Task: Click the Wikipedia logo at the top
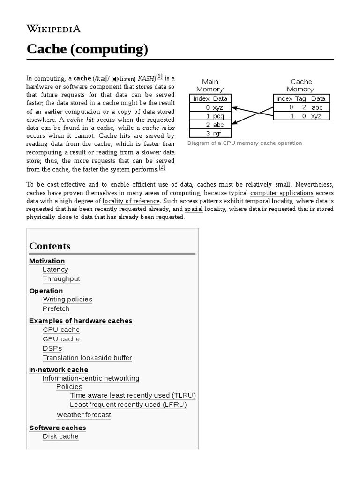click(x=54, y=29)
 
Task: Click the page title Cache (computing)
click(x=87, y=49)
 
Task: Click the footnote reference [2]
click(x=162, y=167)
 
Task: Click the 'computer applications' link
click(x=282, y=193)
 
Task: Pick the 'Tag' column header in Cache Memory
click(x=300, y=98)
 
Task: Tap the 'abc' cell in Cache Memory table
click(x=317, y=107)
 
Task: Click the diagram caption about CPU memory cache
click(x=244, y=143)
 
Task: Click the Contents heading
click(x=50, y=246)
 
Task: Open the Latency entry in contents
click(x=55, y=270)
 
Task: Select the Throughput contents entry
click(x=61, y=279)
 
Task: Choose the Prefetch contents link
click(x=56, y=309)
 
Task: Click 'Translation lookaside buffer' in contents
click(x=87, y=358)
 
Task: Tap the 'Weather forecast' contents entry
click(x=84, y=415)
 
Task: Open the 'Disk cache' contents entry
click(x=60, y=436)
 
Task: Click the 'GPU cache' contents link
click(x=61, y=339)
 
